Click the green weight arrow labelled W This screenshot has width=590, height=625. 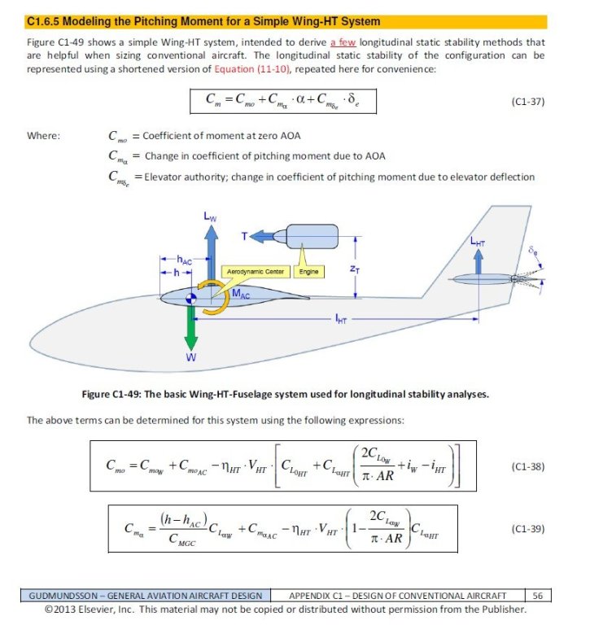[191, 328]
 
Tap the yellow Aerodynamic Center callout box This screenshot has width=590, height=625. [256, 272]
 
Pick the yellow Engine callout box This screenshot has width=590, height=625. [308, 272]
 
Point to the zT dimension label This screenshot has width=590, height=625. [355, 269]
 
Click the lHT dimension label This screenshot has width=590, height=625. [341, 319]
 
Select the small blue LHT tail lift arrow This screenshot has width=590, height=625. [478, 261]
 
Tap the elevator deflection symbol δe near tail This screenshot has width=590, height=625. [532, 251]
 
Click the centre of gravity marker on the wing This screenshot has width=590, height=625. [191, 298]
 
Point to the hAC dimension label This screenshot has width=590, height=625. [184, 260]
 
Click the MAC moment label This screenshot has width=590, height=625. [241, 294]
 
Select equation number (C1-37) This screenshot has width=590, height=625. [528, 102]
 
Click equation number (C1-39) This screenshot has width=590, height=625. [528, 529]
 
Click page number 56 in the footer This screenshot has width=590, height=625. [537, 596]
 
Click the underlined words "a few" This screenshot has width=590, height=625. [343, 42]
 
